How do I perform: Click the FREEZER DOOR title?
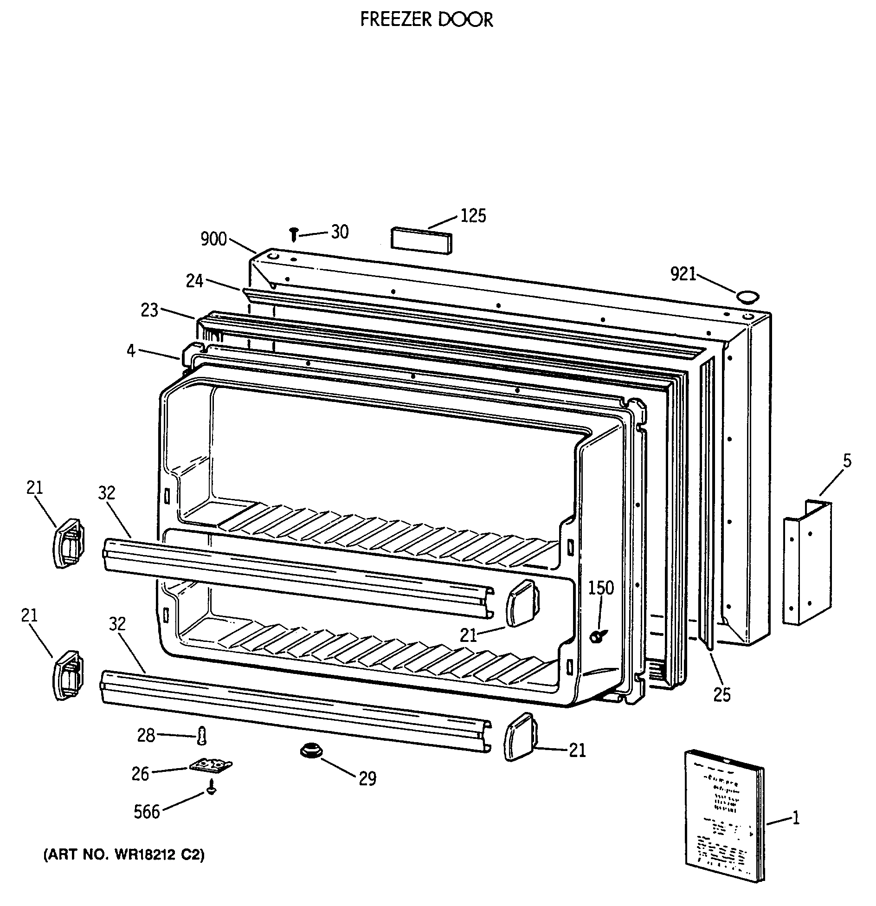(426, 19)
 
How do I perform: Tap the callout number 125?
(473, 216)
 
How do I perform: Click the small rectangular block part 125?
(421, 241)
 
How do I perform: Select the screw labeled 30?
(293, 234)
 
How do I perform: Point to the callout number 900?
(213, 239)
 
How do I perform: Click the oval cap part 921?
(748, 297)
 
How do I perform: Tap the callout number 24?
(194, 281)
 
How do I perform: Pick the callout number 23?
(150, 310)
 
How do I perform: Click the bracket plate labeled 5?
(807, 562)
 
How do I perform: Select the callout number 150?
(601, 588)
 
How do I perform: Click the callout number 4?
(131, 351)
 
